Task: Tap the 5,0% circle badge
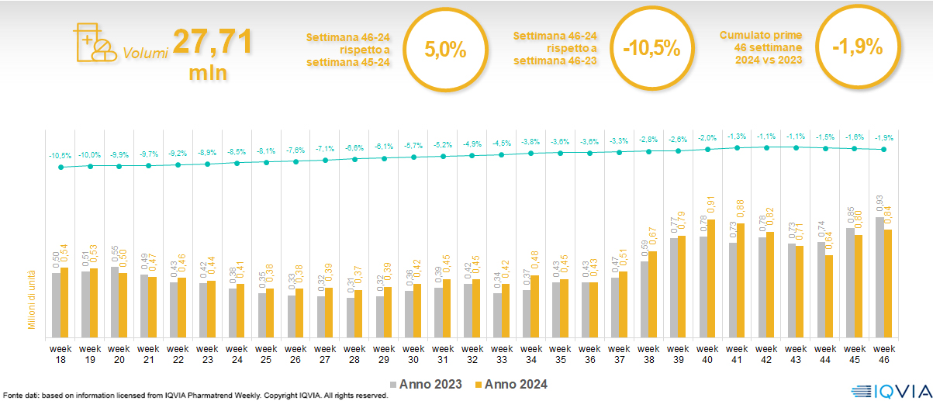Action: coord(445,50)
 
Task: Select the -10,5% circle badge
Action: coord(651,48)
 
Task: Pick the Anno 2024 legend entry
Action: coord(511,384)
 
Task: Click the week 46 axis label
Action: coord(883,354)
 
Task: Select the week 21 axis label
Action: coord(149,354)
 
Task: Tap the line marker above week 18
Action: coord(61,167)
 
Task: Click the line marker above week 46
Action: coord(883,150)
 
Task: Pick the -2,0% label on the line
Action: coord(707,138)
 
